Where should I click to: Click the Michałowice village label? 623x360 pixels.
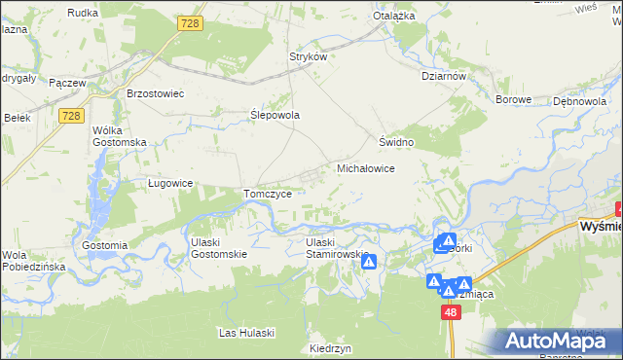pyautogui.click(x=365, y=168)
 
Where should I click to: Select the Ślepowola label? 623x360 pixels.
pyautogui.click(x=275, y=115)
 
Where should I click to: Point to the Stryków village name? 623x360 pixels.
pyautogui.click(x=307, y=56)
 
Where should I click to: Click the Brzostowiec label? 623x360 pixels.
pyautogui.click(x=156, y=93)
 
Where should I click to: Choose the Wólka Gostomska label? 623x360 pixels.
pyautogui.click(x=118, y=136)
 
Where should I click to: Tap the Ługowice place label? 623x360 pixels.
pyautogui.click(x=170, y=183)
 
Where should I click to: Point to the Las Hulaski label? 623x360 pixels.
pyautogui.click(x=247, y=333)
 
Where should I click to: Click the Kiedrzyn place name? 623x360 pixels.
pyautogui.click(x=329, y=348)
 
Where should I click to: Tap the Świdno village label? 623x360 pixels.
pyautogui.click(x=397, y=142)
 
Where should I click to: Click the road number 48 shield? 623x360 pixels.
pyautogui.click(x=450, y=312)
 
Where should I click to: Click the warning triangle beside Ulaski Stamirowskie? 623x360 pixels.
pyautogui.click(x=369, y=262)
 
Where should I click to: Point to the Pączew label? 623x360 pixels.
pyautogui.click(x=67, y=84)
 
